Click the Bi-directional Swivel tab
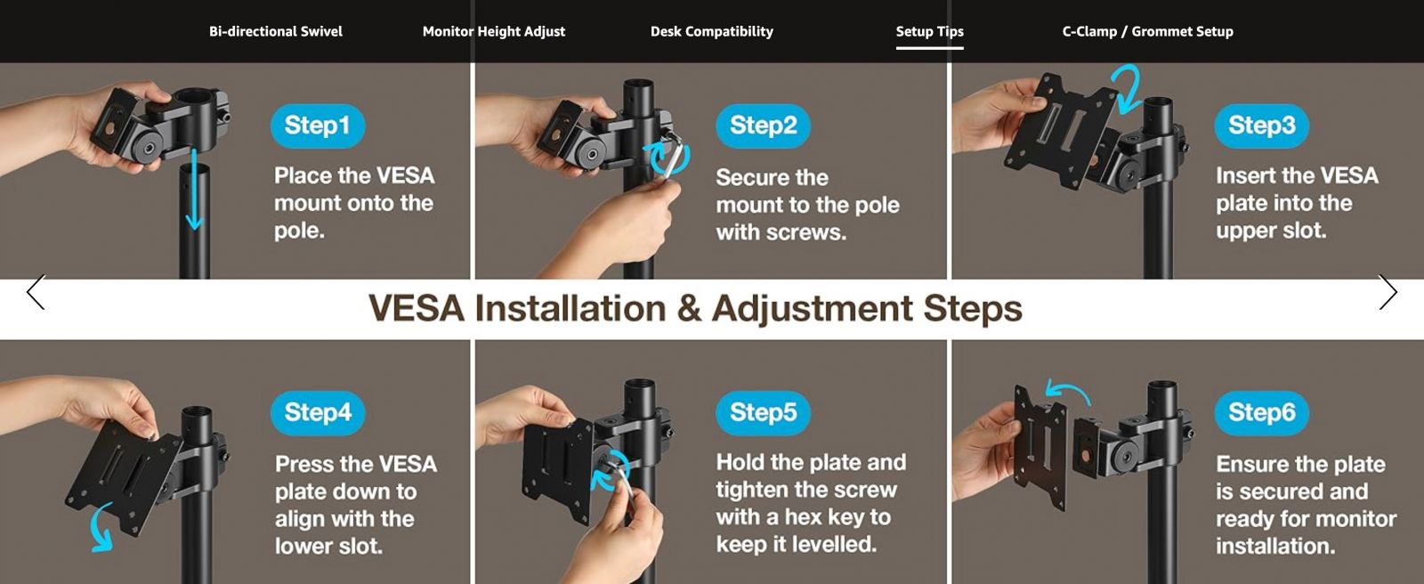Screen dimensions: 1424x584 click(275, 31)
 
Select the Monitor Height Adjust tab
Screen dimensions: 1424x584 click(493, 31)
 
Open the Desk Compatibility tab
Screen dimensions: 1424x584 click(711, 31)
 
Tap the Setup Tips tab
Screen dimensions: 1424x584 click(929, 31)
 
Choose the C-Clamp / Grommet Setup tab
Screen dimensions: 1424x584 click(1147, 31)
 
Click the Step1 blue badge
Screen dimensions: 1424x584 click(317, 126)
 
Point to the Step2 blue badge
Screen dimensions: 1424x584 click(763, 126)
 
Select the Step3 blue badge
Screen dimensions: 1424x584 click(1261, 126)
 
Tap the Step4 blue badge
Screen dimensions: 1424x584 click(317, 412)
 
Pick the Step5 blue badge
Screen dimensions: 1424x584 click(763, 412)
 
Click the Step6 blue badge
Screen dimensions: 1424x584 click(1261, 412)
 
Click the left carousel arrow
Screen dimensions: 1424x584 click(36, 292)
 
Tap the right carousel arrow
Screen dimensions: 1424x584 click(1388, 292)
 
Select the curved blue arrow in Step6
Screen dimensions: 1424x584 click(1069, 385)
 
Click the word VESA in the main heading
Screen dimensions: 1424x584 click(417, 309)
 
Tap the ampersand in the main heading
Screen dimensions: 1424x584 click(689, 309)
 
